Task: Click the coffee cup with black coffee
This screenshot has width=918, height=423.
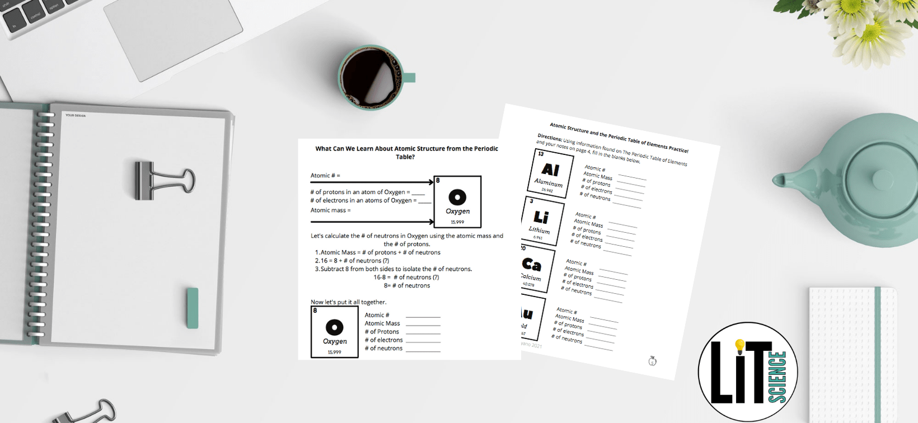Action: coord(371,77)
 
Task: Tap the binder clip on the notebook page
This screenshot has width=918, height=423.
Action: coord(162,180)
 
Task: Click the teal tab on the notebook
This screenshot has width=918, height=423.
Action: coord(193,308)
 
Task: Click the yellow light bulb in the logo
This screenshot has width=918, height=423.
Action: coord(740,346)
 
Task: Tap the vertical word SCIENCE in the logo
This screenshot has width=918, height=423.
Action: coord(778,376)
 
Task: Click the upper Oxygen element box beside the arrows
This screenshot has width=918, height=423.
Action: coord(457,202)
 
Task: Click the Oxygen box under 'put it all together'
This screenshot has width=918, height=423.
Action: coord(335,332)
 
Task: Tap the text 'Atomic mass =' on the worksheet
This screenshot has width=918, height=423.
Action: coord(330,210)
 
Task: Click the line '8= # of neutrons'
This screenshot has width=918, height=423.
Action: coord(407,285)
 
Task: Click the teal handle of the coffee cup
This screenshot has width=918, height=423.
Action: coord(410,77)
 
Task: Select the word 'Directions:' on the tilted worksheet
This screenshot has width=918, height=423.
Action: coord(549,137)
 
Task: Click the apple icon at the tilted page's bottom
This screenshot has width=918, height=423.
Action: coord(652,361)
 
